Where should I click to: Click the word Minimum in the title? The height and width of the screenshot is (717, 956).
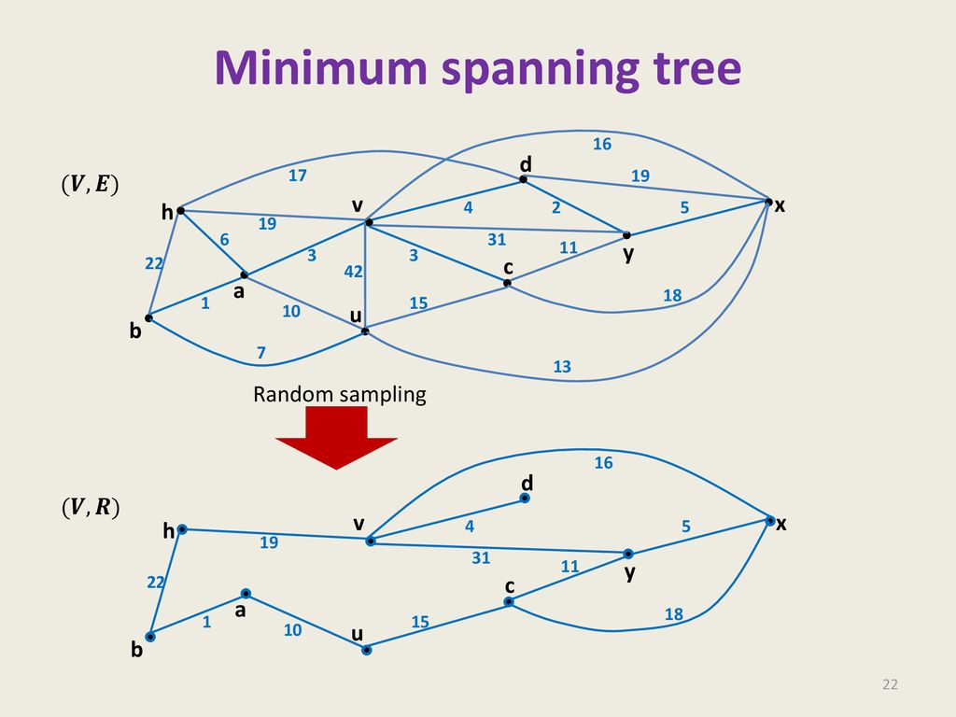click(x=321, y=67)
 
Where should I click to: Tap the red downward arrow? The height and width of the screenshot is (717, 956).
click(x=336, y=437)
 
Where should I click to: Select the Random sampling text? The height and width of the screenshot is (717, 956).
click(x=340, y=395)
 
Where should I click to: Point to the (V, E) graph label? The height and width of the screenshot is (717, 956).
click(x=91, y=184)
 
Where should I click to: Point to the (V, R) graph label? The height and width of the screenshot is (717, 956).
click(x=91, y=507)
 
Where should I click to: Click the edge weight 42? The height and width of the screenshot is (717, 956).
click(x=354, y=272)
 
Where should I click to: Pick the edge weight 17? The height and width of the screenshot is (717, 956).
click(x=298, y=176)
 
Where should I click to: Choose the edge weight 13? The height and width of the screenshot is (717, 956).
click(x=562, y=366)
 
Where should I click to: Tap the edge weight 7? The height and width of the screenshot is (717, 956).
click(x=261, y=353)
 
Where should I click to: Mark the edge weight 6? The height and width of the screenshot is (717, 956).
click(x=224, y=240)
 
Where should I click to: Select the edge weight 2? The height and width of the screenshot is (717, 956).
click(x=556, y=207)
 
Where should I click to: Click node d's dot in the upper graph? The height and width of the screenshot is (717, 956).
click(x=523, y=179)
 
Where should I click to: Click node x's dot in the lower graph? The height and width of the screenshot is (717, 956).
click(x=770, y=521)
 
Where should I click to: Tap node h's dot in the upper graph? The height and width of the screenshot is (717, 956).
click(x=180, y=211)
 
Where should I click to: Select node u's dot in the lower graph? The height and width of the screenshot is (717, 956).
click(x=366, y=650)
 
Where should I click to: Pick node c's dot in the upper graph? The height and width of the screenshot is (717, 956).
click(x=507, y=283)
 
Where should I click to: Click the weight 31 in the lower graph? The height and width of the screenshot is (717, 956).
click(x=481, y=558)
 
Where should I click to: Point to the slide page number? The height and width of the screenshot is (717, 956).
click(x=890, y=684)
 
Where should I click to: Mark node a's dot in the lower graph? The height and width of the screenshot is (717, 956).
click(x=246, y=593)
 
